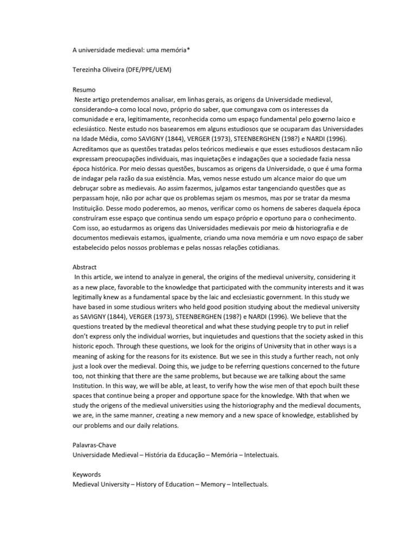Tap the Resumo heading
pos(84,90)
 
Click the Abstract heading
pos(86,267)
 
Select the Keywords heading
pos(87,474)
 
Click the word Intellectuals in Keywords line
pos(250,484)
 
